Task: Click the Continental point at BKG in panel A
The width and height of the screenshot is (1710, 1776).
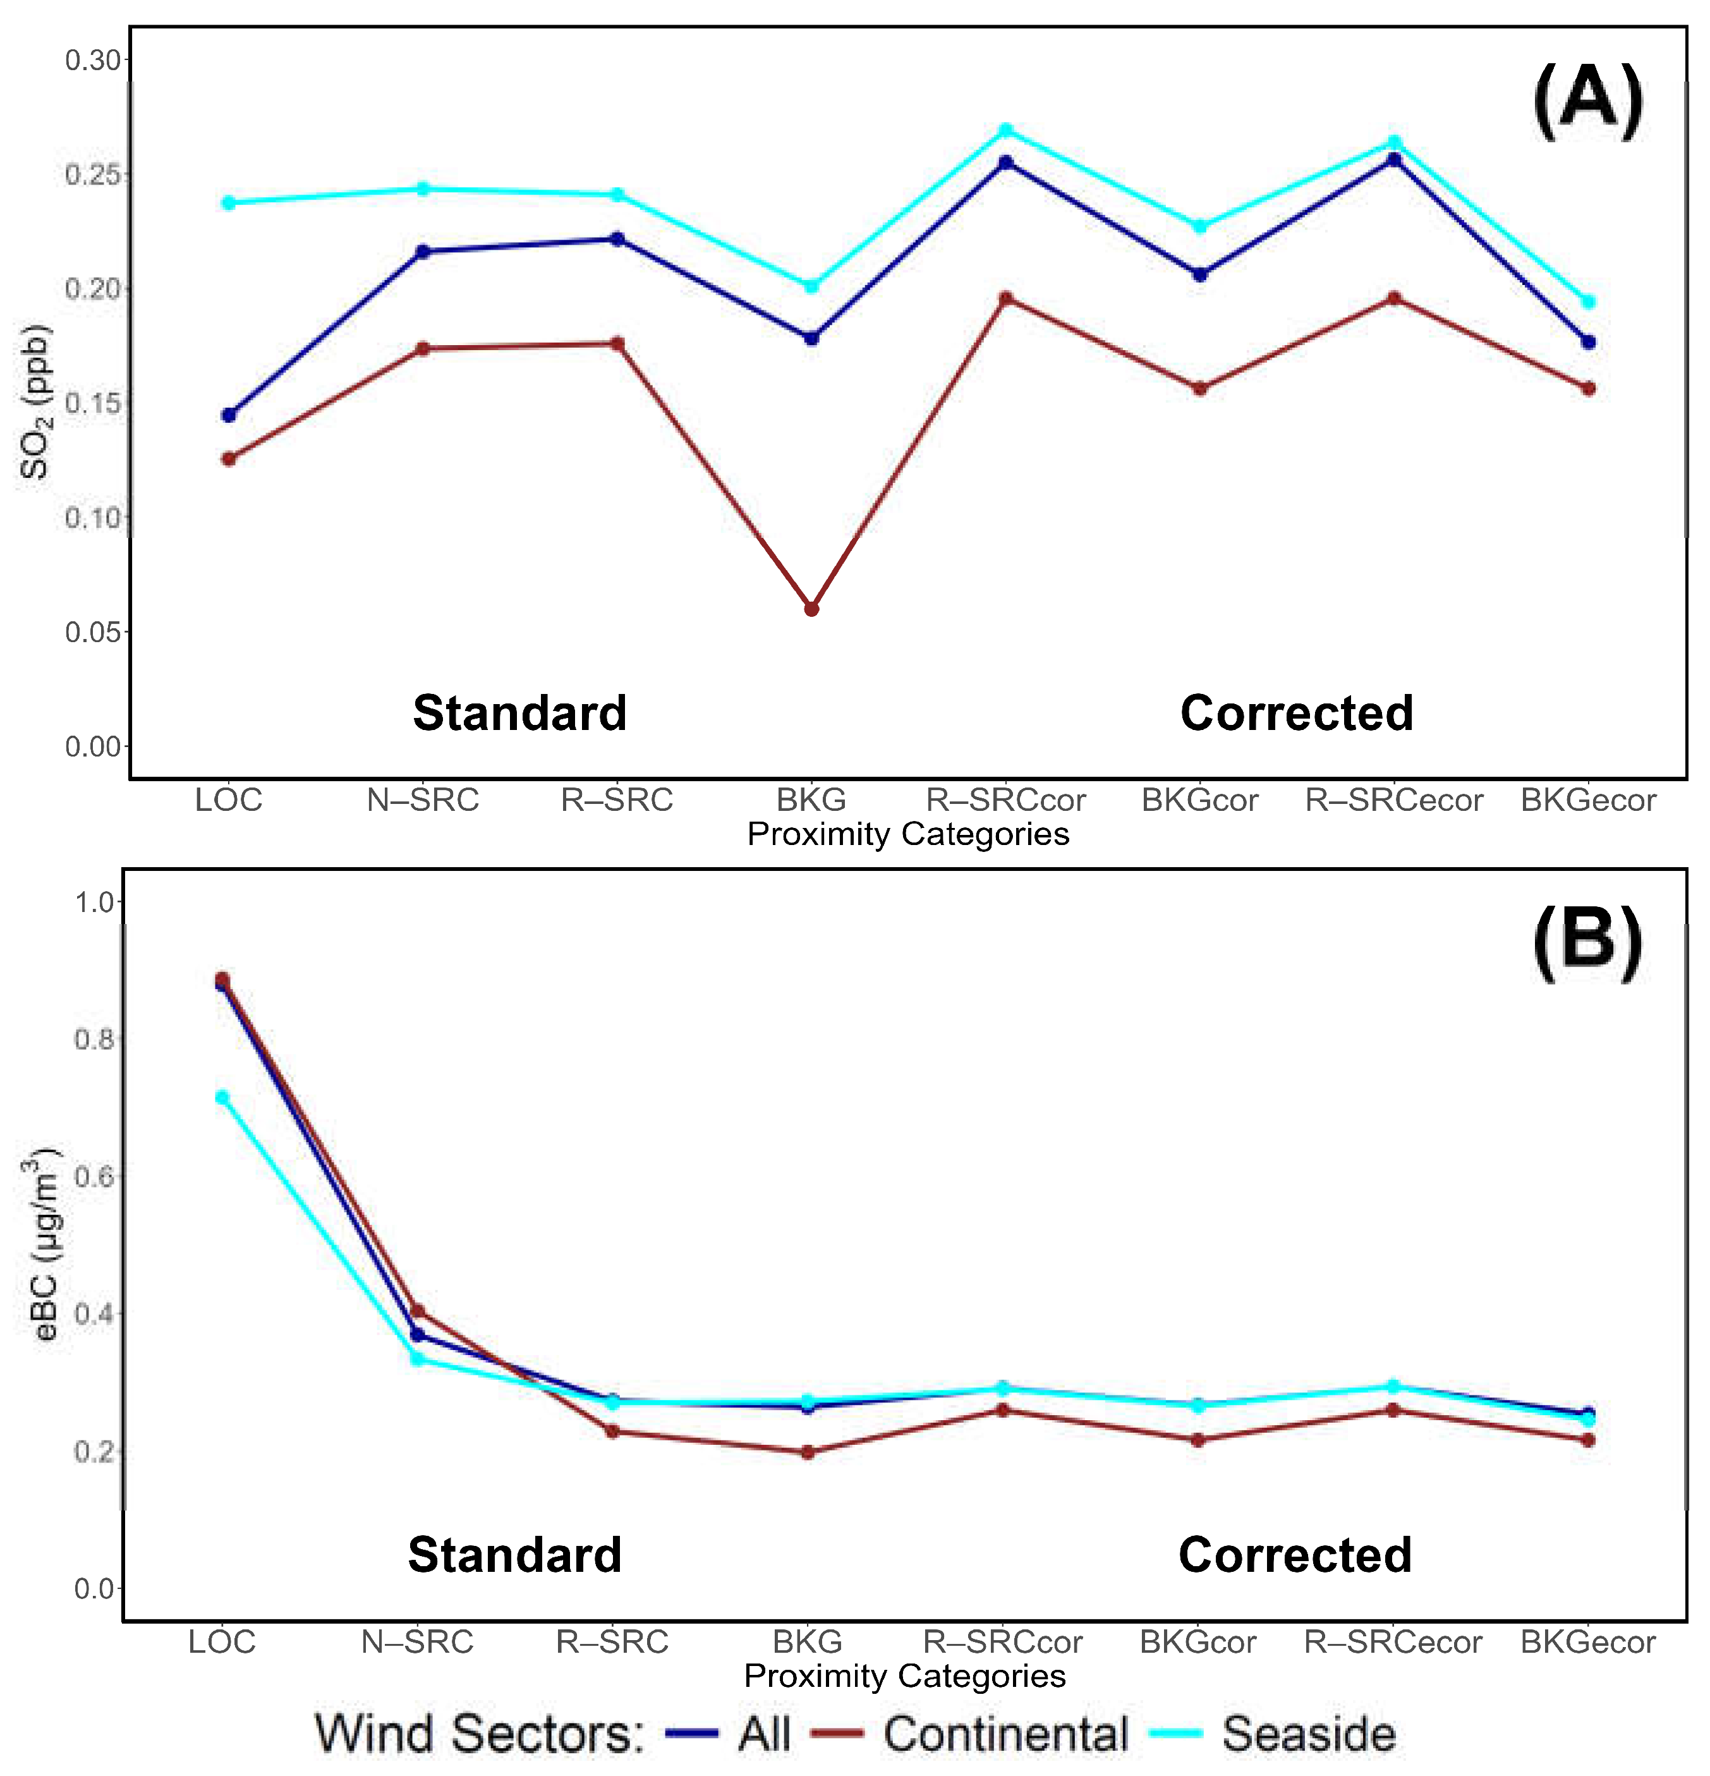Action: coord(811,609)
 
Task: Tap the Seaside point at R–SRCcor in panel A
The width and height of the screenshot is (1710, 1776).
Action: coord(1005,130)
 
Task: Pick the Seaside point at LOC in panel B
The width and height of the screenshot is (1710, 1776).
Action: coord(222,1097)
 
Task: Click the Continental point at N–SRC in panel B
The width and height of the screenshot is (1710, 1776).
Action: coord(417,1311)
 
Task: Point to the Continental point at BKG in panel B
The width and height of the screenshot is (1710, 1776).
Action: coord(808,1452)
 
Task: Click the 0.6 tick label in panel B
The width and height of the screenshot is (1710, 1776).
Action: coord(94,1176)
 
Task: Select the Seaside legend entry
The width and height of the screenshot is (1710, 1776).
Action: coord(1307,1734)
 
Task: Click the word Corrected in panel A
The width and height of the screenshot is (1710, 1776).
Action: coord(1296,713)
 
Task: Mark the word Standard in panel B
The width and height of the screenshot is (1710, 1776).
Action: coord(515,1555)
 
